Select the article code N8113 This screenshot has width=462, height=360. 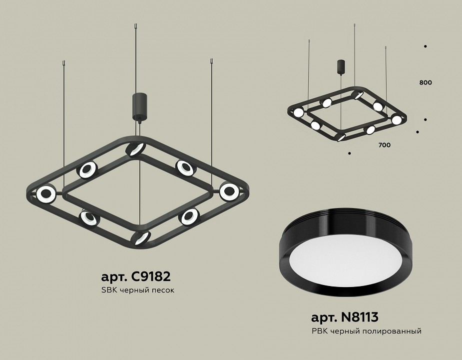point(345,317)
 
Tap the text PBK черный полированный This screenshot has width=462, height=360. point(366,331)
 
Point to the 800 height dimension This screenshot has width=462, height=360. point(426,82)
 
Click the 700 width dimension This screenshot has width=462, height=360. point(384,145)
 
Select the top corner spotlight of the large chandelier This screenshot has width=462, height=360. point(135,148)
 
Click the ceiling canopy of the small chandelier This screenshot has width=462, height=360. point(341,66)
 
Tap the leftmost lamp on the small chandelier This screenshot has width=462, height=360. point(298,112)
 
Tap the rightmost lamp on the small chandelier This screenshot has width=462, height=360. point(396,120)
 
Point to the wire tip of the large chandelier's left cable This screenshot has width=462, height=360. point(64,63)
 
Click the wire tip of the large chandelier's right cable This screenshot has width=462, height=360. point(211,62)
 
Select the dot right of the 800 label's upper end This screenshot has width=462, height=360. point(425,46)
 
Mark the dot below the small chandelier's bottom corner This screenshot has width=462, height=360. point(349,152)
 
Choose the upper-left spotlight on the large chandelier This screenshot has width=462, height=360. point(87,170)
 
